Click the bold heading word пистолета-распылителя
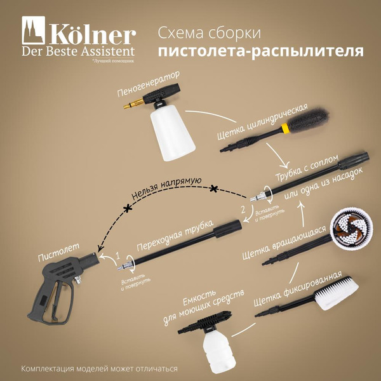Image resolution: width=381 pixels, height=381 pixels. coord(260,51)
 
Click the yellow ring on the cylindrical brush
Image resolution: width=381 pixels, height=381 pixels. coord(286,127)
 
